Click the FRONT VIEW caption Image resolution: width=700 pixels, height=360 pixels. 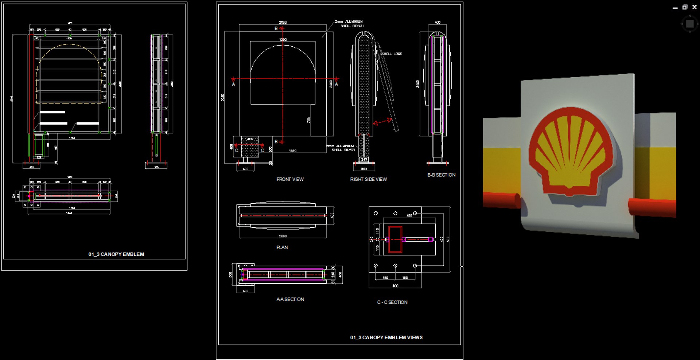click(290, 179)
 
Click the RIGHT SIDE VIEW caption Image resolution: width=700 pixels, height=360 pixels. click(368, 179)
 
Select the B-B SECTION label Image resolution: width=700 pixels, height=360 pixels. click(441, 175)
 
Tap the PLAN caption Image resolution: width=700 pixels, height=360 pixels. click(282, 247)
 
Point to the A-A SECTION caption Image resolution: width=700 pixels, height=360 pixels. click(290, 299)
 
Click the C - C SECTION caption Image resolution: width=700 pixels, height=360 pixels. click(392, 302)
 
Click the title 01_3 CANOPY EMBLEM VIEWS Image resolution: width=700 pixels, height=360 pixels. click(386, 337)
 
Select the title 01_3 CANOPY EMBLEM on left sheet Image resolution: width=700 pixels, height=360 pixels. click(116, 254)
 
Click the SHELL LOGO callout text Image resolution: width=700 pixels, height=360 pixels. click(392, 54)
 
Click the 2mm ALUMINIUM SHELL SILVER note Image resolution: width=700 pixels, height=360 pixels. click(341, 148)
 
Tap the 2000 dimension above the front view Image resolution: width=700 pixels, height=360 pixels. click(283, 22)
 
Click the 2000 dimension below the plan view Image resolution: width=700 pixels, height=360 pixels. click(283, 236)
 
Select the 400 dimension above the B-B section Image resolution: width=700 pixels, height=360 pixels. click(437, 22)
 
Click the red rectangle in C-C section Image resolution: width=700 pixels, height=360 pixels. click(395, 239)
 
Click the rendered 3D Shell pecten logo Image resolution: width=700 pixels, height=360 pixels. click(571, 151)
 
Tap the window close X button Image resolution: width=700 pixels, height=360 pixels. click(694, 7)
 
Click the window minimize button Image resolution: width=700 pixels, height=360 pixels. click(675, 7)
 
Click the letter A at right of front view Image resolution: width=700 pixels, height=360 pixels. click(336, 85)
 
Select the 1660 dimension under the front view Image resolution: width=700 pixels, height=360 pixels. click(292, 150)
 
